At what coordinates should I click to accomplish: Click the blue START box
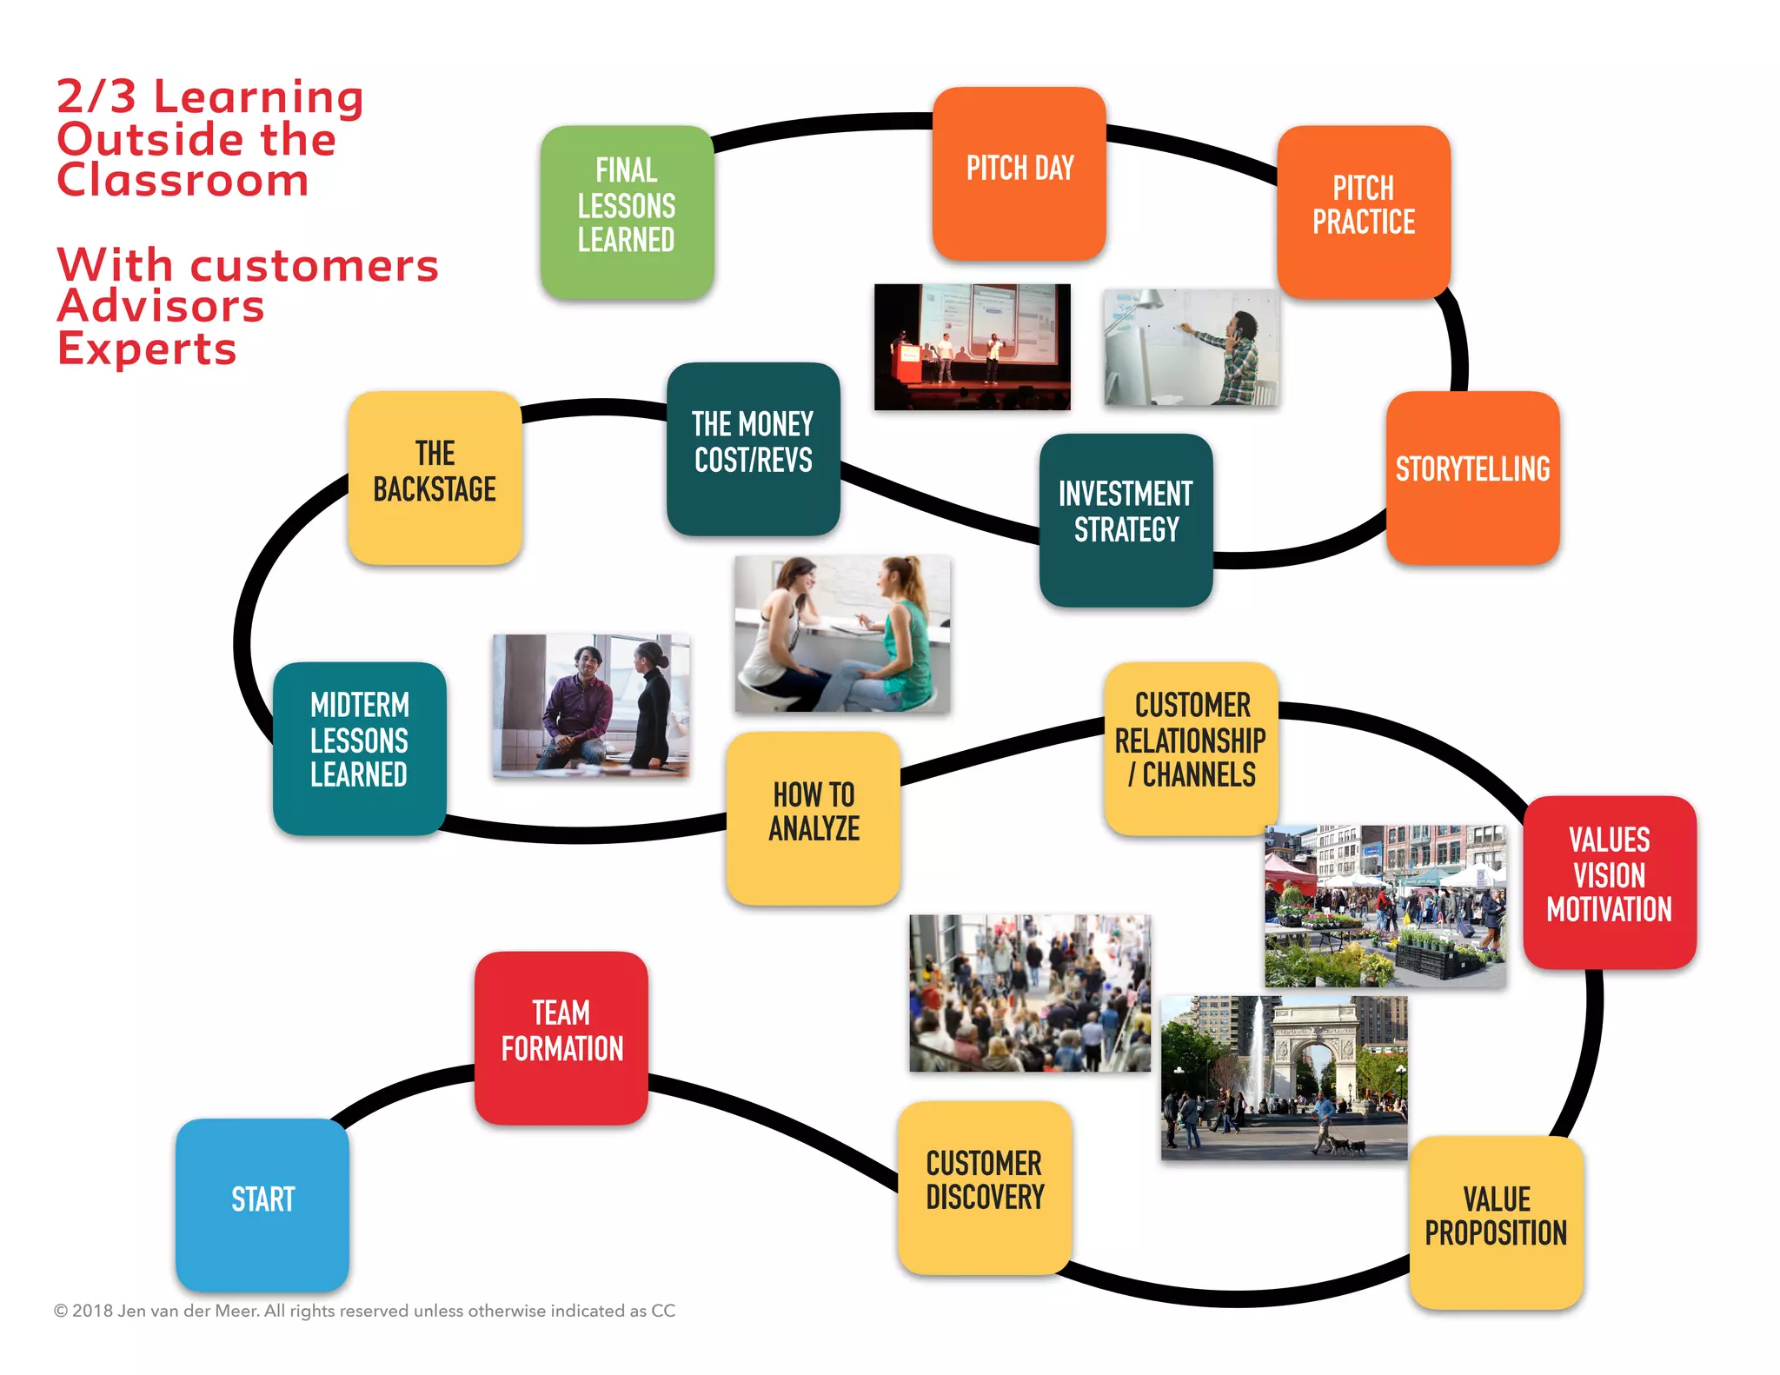tap(262, 1203)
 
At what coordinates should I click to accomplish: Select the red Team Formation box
tap(561, 1037)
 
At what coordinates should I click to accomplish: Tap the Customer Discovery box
tap(985, 1186)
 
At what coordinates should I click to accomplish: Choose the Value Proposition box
tap(1496, 1221)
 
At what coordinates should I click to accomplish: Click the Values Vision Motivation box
tap(1609, 880)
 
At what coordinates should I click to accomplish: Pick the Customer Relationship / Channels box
tap(1192, 747)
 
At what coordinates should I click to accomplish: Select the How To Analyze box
tap(814, 817)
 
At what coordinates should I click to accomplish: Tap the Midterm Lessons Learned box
tap(359, 747)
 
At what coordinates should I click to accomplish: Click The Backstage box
tap(435, 476)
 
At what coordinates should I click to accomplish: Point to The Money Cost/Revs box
tap(753, 448)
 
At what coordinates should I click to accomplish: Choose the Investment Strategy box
tap(1126, 519)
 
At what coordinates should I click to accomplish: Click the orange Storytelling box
tap(1472, 476)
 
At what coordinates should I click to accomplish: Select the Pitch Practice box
tap(1363, 211)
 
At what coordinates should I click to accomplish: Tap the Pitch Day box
tap(1019, 172)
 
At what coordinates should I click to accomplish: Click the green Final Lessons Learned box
tap(627, 211)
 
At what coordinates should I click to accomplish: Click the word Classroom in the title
tap(183, 181)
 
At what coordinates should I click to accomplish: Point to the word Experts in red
tap(147, 349)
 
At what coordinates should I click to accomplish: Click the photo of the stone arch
tap(1284, 1077)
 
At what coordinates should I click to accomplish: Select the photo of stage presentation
tap(972, 346)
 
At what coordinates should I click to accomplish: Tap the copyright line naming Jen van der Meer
tap(364, 1310)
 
